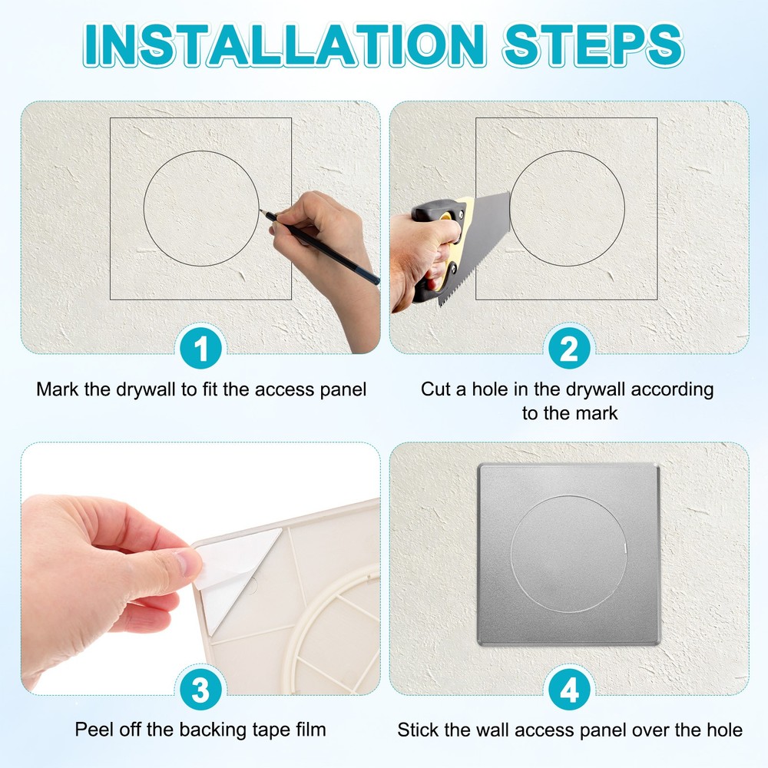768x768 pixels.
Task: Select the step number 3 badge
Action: (x=200, y=690)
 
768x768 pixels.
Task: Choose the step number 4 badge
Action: (x=568, y=690)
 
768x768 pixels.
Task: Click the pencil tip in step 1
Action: (x=262, y=211)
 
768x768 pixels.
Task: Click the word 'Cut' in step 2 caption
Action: (x=435, y=389)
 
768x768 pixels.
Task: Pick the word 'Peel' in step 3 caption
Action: (x=92, y=730)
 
